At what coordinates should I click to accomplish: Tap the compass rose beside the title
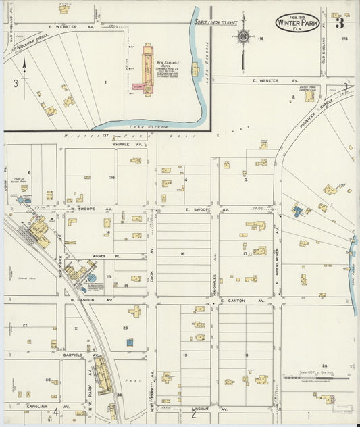click(x=243, y=35)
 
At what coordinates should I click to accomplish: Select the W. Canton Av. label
click(x=82, y=300)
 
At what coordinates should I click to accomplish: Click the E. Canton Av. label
click(x=233, y=300)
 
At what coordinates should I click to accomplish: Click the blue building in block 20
click(x=130, y=343)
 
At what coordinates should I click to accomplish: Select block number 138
click(x=111, y=178)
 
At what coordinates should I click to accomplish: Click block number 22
click(x=25, y=325)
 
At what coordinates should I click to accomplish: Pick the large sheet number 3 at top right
click(x=340, y=24)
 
